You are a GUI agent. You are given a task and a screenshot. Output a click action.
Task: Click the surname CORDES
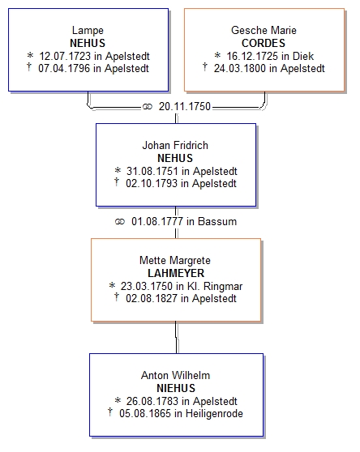(x=264, y=43)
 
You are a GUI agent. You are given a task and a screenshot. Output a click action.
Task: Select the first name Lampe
(x=88, y=31)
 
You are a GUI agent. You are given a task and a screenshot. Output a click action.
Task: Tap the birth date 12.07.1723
(x=65, y=56)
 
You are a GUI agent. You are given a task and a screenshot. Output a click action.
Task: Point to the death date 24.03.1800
(x=240, y=69)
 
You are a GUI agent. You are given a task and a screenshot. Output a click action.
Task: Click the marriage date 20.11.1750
(x=185, y=107)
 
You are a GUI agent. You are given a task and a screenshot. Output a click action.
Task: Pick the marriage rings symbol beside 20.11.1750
(x=147, y=107)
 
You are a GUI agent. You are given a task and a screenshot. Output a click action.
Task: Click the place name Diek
(x=303, y=56)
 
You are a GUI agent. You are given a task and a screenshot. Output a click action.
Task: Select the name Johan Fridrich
(x=175, y=145)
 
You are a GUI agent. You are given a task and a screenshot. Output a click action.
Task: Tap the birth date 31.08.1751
(x=152, y=171)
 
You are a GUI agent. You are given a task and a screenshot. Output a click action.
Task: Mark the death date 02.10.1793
(x=152, y=183)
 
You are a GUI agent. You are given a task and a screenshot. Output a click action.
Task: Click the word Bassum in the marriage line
(x=217, y=222)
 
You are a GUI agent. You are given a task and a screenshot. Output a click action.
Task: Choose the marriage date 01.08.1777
(x=157, y=222)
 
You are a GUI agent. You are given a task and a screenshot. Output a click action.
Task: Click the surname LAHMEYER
(x=176, y=273)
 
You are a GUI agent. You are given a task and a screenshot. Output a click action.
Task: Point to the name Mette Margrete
(x=175, y=261)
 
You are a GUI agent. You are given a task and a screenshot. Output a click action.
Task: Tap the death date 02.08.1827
(x=152, y=298)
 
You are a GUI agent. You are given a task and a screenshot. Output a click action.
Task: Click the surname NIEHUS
(x=176, y=388)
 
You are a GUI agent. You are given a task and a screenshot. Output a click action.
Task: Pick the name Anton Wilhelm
(x=175, y=376)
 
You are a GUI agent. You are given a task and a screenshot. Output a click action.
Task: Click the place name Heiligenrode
(x=214, y=414)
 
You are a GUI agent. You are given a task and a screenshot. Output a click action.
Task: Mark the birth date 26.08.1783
(x=152, y=401)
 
